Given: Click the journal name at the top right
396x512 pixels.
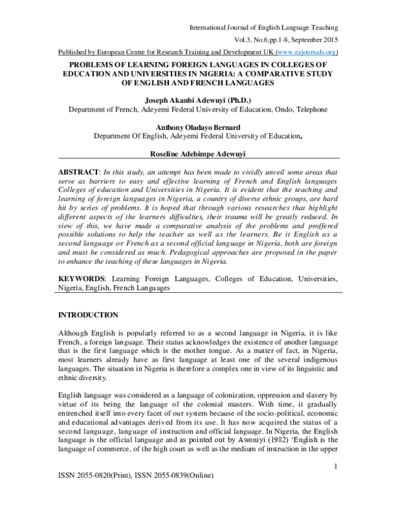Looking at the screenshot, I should click(x=263, y=27).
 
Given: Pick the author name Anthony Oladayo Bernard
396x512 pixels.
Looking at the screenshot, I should click(x=198, y=127).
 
